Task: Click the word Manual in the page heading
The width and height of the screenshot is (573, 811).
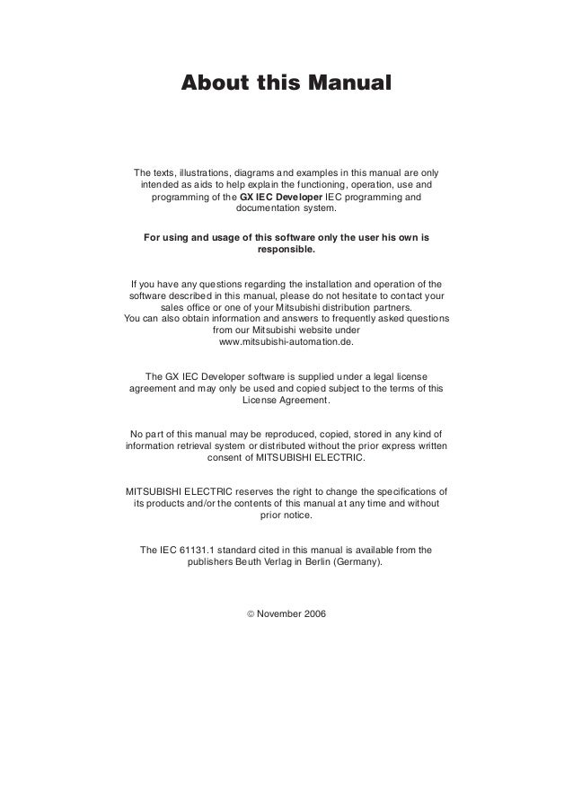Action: pos(349,84)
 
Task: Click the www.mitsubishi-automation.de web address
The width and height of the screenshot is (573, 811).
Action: pos(286,342)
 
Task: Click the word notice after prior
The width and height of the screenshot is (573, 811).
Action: pos(298,516)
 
